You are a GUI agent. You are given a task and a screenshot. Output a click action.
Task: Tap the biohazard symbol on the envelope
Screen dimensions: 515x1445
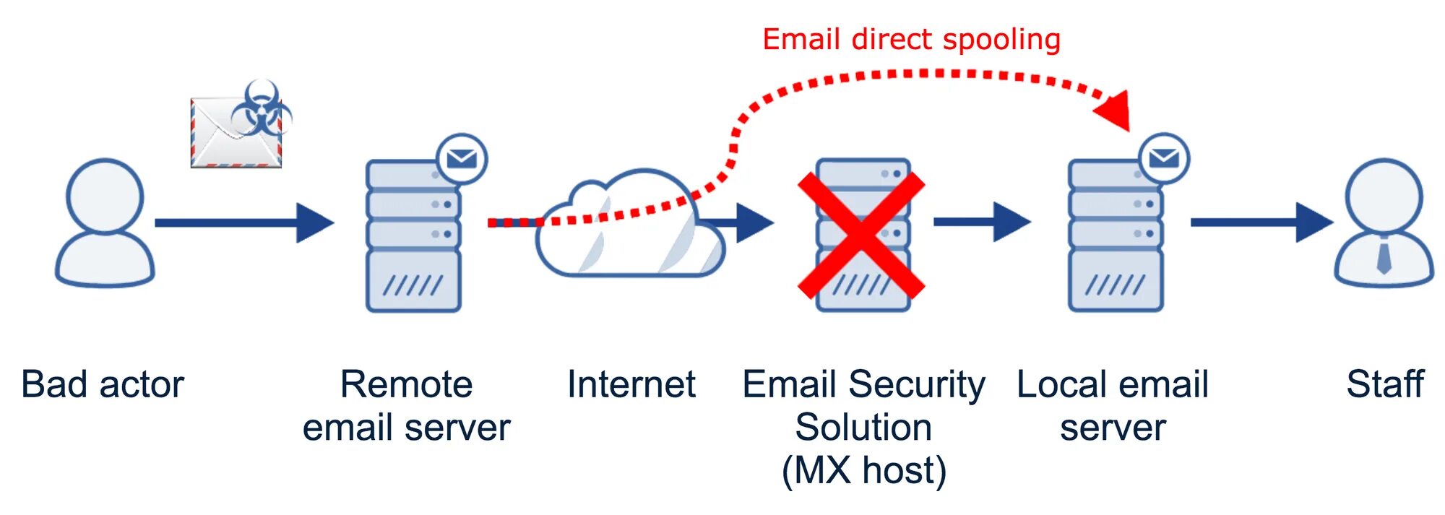point(261,109)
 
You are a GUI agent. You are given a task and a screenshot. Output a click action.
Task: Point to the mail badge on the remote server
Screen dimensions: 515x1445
point(462,158)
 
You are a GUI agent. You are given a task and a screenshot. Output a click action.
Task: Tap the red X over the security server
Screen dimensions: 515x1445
point(861,234)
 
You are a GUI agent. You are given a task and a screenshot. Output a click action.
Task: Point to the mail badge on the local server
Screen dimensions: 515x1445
point(1164,158)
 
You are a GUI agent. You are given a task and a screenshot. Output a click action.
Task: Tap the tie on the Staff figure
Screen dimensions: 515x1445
point(1384,257)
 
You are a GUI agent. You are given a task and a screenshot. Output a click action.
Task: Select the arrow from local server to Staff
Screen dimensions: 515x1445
point(1261,222)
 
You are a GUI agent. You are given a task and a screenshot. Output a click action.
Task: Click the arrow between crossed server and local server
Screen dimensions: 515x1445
point(981,222)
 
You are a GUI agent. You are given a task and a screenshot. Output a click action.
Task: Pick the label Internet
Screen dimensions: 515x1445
point(631,384)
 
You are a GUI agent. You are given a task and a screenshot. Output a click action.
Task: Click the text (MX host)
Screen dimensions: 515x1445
point(864,470)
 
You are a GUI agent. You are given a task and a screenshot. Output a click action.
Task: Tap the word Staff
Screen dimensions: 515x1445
point(1385,384)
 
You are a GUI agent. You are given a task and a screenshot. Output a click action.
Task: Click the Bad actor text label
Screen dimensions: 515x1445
point(103,384)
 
